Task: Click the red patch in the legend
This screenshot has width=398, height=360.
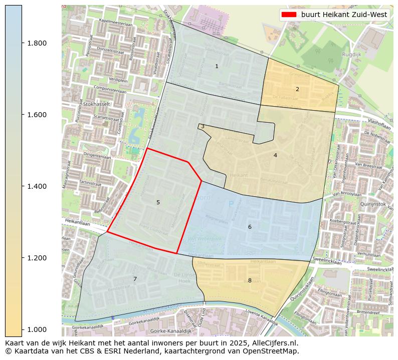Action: coord(289,15)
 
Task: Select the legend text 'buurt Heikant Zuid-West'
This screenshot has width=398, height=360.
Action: coord(344,15)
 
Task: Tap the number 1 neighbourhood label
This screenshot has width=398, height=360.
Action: coord(217,66)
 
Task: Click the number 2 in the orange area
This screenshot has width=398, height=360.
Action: coord(297,89)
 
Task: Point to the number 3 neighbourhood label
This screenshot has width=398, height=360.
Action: coord(203,127)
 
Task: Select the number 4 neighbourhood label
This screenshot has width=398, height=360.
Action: coord(275,155)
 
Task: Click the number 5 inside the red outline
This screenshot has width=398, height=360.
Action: coord(158,202)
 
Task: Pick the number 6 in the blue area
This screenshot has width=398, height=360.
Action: coord(250,227)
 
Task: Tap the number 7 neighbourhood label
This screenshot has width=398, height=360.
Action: coord(135,279)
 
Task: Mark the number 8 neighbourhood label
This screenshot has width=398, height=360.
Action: coord(250,280)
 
